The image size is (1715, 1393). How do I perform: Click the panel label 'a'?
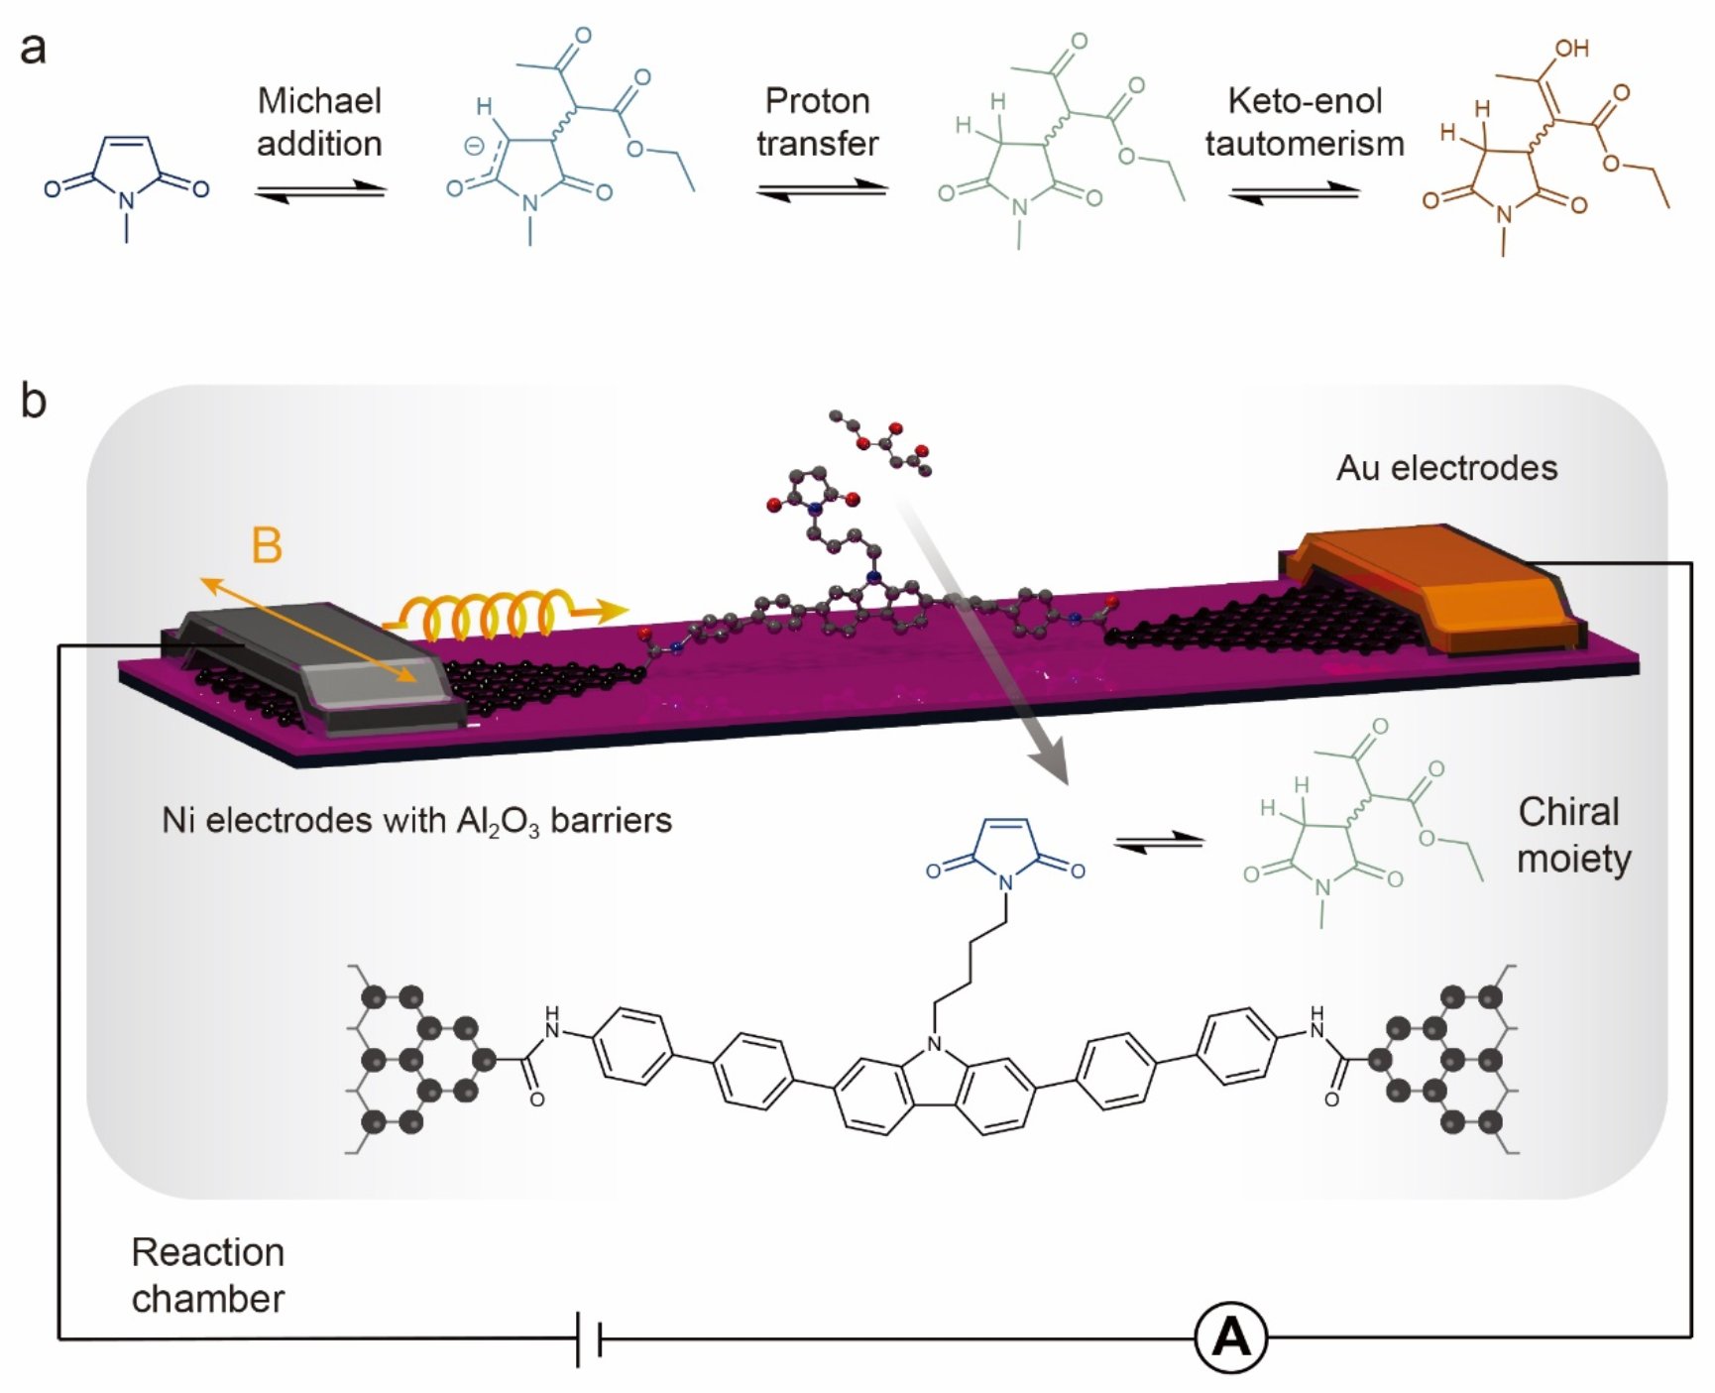(x=33, y=48)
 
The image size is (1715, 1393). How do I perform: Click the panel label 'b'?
(x=33, y=402)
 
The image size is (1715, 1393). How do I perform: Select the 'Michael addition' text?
(x=319, y=122)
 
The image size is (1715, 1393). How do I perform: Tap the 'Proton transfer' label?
(x=817, y=122)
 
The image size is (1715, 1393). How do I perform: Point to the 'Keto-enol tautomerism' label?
(x=1304, y=122)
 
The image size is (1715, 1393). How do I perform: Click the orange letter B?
(x=267, y=546)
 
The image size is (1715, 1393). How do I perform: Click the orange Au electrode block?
(x=1437, y=585)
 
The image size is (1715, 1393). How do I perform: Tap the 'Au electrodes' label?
(x=1446, y=468)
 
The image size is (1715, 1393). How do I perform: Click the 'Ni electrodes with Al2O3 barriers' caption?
(x=416, y=821)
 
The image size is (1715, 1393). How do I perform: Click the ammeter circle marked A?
(x=1230, y=1337)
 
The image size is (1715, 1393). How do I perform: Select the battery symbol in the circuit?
(x=589, y=1339)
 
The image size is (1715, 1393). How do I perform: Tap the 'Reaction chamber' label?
(x=207, y=1275)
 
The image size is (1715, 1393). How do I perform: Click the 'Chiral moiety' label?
(x=1572, y=835)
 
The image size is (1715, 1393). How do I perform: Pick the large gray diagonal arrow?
(x=991, y=644)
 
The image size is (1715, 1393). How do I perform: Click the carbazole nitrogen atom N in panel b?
(x=934, y=1043)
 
